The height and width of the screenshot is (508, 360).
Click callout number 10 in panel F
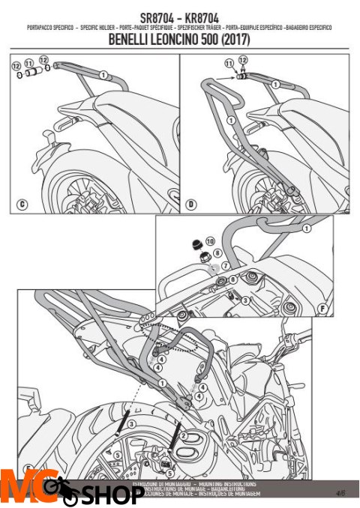point(210,241)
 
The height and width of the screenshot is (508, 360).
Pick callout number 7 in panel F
point(224,264)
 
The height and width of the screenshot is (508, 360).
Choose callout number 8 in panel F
point(233,279)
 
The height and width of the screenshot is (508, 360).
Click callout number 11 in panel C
point(28,64)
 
